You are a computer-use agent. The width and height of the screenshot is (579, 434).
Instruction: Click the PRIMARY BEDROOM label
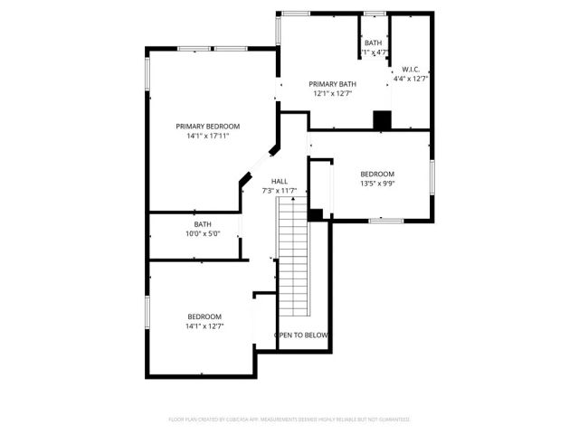(x=208, y=127)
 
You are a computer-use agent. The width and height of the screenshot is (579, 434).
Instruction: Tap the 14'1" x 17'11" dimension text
(x=208, y=137)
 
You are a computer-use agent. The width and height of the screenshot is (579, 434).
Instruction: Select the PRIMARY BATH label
(x=332, y=83)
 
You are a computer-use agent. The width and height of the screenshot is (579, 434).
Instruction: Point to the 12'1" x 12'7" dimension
(x=332, y=93)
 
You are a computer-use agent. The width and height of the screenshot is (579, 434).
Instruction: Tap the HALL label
(x=280, y=181)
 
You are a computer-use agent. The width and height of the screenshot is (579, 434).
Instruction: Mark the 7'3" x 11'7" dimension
(x=280, y=191)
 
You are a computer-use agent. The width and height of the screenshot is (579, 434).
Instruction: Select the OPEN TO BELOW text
(x=301, y=335)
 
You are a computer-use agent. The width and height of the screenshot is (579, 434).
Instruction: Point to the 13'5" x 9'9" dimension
(x=377, y=184)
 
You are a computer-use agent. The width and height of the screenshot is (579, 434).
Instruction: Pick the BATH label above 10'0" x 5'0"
(x=203, y=224)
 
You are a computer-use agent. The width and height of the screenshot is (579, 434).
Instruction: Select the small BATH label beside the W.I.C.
(x=374, y=43)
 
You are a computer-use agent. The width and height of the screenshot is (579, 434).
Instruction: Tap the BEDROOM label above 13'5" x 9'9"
(x=377, y=174)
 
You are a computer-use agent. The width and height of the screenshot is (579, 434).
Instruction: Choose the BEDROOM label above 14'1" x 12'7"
(x=204, y=316)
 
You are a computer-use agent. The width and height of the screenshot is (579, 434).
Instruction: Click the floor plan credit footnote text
(x=289, y=420)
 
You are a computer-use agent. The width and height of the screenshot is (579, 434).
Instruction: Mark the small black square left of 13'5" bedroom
(x=316, y=214)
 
